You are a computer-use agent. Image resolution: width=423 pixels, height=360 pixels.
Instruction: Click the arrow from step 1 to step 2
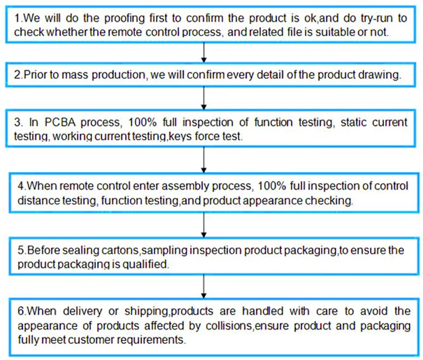pos(204,51)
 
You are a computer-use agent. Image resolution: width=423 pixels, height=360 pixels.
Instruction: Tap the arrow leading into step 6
pos(204,285)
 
